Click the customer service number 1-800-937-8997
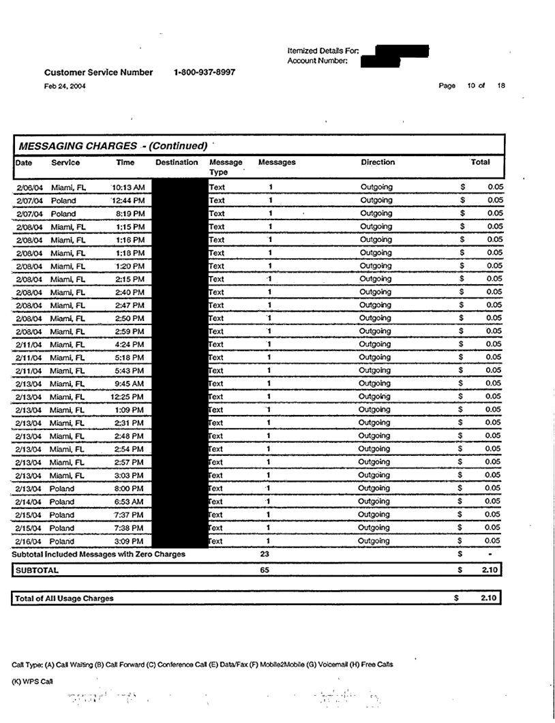205,72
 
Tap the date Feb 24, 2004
65,85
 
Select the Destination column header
177,163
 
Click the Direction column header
378,163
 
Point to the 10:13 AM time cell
129,187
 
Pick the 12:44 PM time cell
129,200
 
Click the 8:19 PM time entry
130,213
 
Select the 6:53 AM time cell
130,502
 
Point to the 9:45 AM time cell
130,384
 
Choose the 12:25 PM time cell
127,397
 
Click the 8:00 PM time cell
130,489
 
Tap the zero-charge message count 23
265,554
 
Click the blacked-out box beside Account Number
380,62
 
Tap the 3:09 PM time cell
130,541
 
